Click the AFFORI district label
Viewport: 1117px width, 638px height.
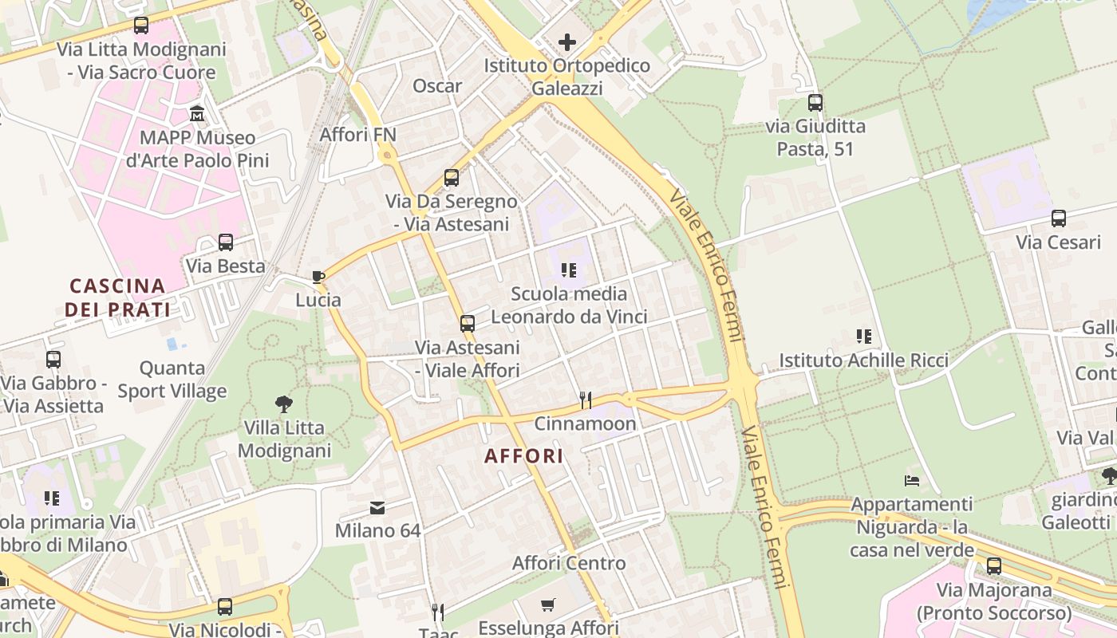pos(524,456)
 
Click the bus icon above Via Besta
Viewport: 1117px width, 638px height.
pos(226,242)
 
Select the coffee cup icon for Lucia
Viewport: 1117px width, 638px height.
pos(318,277)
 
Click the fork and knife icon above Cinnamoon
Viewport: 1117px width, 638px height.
pos(585,400)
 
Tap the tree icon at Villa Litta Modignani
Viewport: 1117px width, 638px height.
pos(283,404)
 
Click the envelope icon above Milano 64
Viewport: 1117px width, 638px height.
pos(377,507)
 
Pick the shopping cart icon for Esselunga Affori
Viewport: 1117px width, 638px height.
pos(547,605)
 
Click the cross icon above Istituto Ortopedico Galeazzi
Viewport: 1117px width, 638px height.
pos(567,41)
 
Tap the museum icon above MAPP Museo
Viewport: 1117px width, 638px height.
pos(197,113)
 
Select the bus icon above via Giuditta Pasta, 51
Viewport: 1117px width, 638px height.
pos(815,102)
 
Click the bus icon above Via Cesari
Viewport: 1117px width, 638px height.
pos(1058,218)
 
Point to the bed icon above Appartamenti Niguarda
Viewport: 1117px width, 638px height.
pos(911,480)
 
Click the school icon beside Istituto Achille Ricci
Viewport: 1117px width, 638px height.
pos(863,337)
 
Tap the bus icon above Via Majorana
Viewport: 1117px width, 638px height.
pos(993,566)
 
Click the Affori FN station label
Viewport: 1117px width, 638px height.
pos(357,134)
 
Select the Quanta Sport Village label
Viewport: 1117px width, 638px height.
pos(172,380)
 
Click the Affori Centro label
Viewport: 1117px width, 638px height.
pos(569,563)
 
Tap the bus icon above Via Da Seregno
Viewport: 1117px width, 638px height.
pos(452,177)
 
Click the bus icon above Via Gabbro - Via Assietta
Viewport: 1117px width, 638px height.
pos(53,359)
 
